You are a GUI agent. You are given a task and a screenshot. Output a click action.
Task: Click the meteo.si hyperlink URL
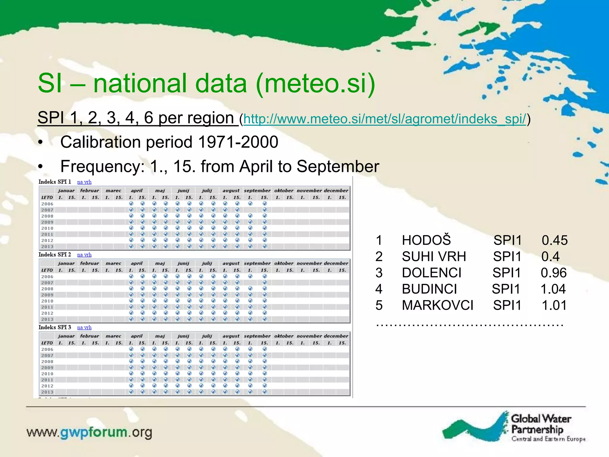point(385,119)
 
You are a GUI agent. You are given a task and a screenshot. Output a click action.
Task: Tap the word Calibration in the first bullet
point(100,142)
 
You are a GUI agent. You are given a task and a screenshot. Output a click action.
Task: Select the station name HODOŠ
point(426,240)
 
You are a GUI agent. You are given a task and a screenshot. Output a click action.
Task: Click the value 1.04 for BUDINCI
point(553,289)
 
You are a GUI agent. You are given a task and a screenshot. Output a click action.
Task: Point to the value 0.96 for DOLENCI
point(553,273)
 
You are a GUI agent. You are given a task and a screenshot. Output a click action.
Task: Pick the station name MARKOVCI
point(437,305)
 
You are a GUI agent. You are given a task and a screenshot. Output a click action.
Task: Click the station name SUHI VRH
point(434,256)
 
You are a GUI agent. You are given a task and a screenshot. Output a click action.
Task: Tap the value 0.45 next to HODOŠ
point(554,240)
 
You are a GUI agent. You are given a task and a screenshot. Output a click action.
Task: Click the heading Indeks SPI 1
point(55,182)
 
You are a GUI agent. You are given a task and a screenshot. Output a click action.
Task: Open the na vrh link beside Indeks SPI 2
point(84,255)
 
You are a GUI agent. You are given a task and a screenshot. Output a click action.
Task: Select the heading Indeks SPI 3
point(55,327)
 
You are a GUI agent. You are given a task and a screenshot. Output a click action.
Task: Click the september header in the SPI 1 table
point(257,190)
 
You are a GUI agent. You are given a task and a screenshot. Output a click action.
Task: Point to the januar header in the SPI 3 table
point(66,336)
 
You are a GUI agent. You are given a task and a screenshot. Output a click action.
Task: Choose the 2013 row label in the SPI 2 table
point(47,319)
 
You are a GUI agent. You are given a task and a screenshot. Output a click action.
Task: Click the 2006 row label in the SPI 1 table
point(47,204)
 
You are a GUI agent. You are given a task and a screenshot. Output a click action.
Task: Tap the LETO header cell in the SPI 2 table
point(47,270)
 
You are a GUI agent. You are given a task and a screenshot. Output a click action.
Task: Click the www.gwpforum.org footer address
point(89,432)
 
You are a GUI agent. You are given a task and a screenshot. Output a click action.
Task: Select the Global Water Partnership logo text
point(540,424)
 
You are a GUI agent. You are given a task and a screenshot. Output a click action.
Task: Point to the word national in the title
point(170,83)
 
